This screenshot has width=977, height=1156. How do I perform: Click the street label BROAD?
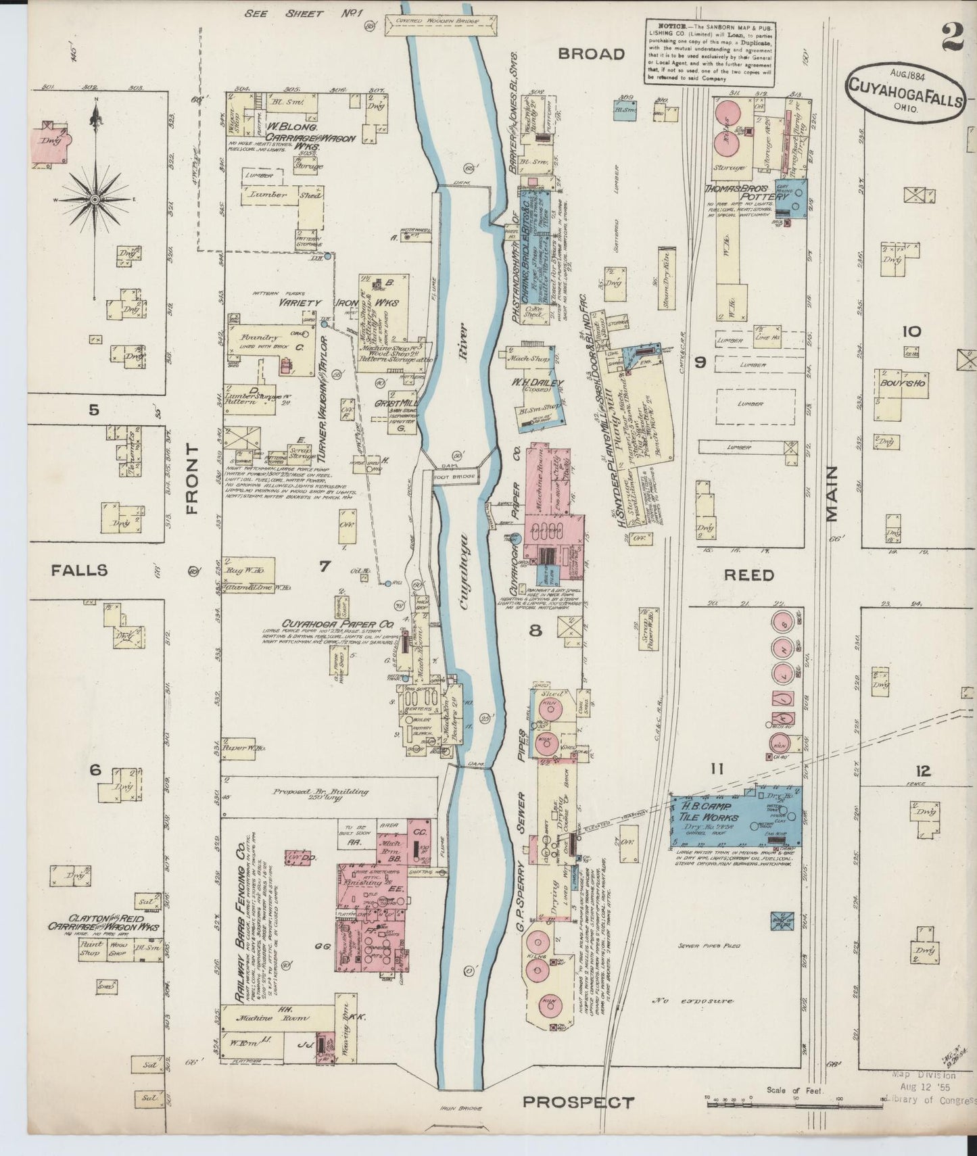click(590, 54)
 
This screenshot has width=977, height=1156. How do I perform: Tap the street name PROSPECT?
click(578, 1102)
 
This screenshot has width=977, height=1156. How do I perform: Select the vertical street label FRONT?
click(192, 479)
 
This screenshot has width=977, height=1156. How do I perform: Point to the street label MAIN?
click(831, 493)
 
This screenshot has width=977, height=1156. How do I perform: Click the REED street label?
click(748, 575)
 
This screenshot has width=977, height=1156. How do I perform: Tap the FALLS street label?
click(79, 571)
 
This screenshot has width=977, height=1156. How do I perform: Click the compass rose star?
click(95, 200)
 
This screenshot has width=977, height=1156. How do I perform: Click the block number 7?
click(325, 567)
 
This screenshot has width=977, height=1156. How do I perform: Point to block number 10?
click(911, 331)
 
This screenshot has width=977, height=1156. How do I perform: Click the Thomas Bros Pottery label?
click(746, 192)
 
